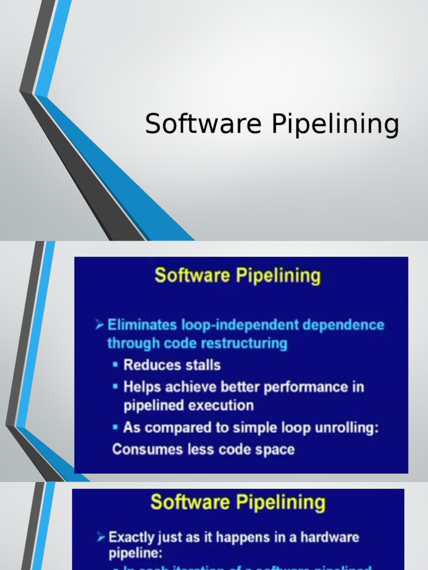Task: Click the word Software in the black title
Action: pyautogui.click(x=203, y=124)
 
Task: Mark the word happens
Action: pyautogui.click(x=242, y=538)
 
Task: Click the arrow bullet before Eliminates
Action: pyautogui.click(x=100, y=325)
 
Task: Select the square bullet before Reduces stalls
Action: pyautogui.click(x=115, y=366)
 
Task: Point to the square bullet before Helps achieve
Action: pyautogui.click(x=115, y=387)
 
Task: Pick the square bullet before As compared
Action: pyautogui.click(x=115, y=428)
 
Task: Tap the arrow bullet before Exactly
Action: pyautogui.click(x=101, y=538)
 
